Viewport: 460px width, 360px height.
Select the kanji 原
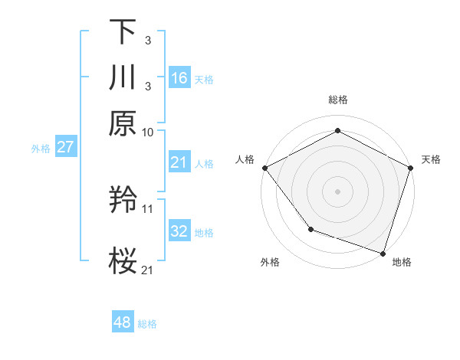tap(123, 123)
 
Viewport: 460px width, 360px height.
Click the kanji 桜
tap(123, 260)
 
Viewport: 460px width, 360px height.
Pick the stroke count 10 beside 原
tap(148, 132)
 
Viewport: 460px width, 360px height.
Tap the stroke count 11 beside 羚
tap(148, 208)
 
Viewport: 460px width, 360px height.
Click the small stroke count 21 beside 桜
tap(148, 269)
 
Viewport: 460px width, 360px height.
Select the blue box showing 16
tap(179, 77)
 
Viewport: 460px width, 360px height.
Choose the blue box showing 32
tap(179, 231)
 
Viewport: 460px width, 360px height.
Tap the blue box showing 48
tap(123, 322)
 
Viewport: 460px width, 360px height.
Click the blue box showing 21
tap(179, 162)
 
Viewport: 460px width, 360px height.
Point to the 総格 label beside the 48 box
tap(147, 324)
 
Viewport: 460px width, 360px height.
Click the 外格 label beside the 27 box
tap(41, 149)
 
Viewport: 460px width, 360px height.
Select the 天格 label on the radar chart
tap(431, 159)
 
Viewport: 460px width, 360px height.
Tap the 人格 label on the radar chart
tap(245, 159)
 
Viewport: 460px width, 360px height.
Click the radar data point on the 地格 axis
tap(383, 252)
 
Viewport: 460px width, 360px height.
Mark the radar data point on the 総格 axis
tap(337, 131)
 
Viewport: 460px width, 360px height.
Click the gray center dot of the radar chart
tap(337, 191)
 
